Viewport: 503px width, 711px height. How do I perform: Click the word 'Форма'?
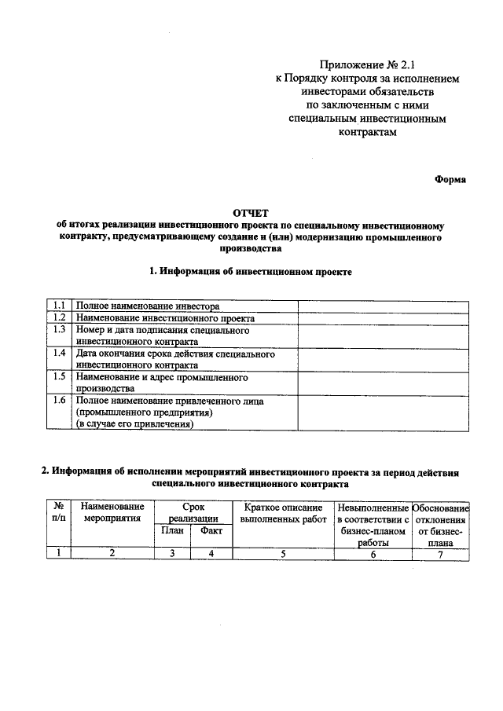tap(450, 179)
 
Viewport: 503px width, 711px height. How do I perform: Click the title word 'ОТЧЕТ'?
tap(251, 213)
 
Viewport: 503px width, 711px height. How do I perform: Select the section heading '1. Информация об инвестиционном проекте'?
tap(251, 271)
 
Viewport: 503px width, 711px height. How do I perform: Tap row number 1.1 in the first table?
tap(59, 305)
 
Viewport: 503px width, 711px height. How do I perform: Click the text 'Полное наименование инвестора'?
tap(147, 306)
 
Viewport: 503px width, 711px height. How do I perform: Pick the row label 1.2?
tap(59, 317)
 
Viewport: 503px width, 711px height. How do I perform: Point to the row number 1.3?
tap(59, 330)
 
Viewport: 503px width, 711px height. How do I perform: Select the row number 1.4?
tap(59, 354)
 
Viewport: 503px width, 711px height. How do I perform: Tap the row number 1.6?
tap(59, 401)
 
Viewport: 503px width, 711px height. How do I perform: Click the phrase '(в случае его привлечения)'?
tap(134, 423)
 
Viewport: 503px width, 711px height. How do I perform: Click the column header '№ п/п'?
tap(58, 512)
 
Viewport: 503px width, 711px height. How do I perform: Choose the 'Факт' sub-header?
tap(211, 530)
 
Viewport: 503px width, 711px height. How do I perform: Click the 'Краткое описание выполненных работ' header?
tap(283, 512)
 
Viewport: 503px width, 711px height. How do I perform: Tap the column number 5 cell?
tap(283, 553)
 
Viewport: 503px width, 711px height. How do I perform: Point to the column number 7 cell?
tap(440, 553)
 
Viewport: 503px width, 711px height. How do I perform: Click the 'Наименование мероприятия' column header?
tap(112, 512)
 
